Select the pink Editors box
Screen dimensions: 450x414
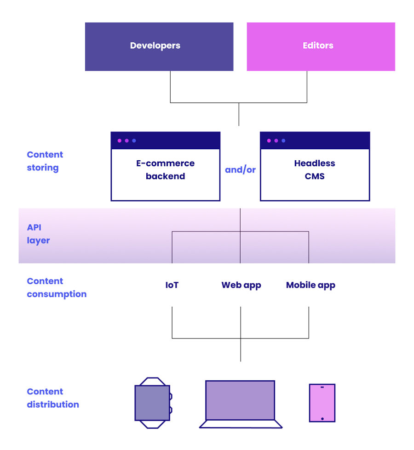pos(321,46)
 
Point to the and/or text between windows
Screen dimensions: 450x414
pos(240,170)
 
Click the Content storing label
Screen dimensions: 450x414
pos(45,161)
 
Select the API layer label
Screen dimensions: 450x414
pos(38,234)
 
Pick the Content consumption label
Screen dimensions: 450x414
pos(56,287)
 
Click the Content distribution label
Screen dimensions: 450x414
pos(52,398)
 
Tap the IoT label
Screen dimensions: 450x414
pos(172,285)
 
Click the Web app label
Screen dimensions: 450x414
pos(241,285)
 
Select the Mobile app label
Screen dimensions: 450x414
pos(310,285)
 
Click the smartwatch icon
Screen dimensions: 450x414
pos(153,403)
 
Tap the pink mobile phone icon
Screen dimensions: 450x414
pos(322,403)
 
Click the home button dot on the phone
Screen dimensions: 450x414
pos(322,419)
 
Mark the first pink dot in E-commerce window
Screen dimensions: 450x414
pos(120,141)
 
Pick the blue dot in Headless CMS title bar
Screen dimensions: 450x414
pos(283,141)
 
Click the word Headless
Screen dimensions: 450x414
pos(315,163)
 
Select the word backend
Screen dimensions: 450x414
pos(165,176)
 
